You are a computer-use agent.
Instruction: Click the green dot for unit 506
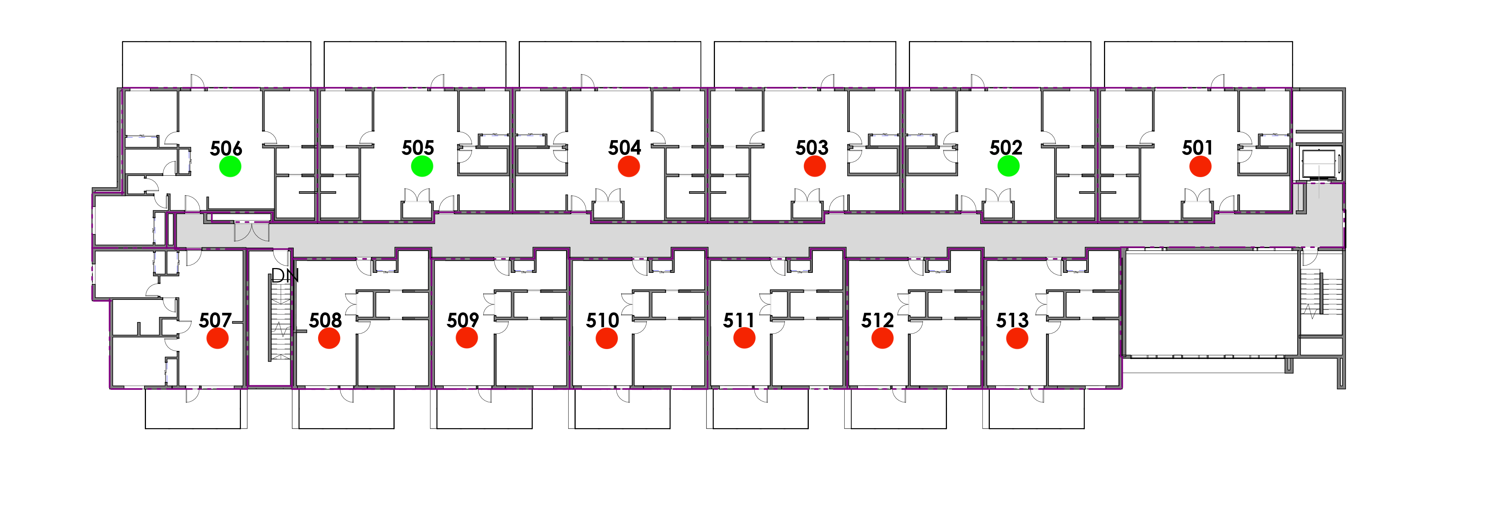click(x=230, y=167)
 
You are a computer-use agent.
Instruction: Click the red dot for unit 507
click(x=218, y=338)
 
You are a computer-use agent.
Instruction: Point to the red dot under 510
click(x=607, y=338)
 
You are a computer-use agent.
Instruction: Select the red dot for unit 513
click(x=1017, y=338)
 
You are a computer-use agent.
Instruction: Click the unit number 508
click(x=325, y=320)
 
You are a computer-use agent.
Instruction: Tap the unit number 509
click(x=463, y=320)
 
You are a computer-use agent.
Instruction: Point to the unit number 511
click(x=739, y=320)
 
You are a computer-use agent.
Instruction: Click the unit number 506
click(x=226, y=149)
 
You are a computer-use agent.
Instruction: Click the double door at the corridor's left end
click(x=252, y=232)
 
